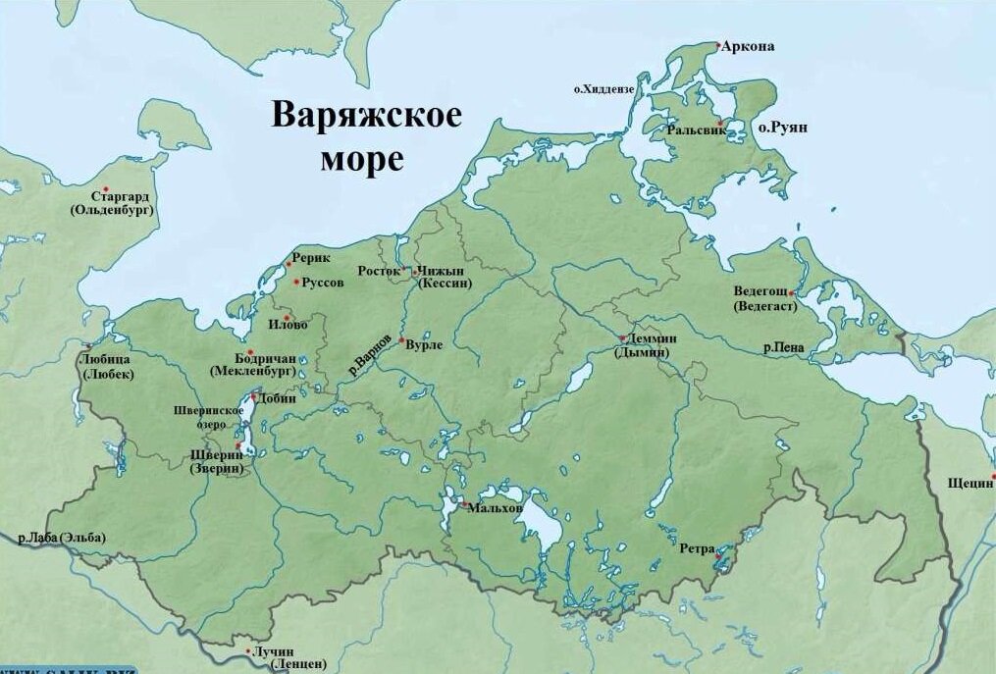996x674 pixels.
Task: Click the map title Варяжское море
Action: click(x=366, y=135)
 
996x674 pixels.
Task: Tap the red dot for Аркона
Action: click(x=718, y=46)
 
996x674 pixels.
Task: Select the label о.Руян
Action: click(x=782, y=129)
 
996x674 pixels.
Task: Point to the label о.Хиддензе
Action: click(x=604, y=89)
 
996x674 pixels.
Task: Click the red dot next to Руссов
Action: click(x=297, y=283)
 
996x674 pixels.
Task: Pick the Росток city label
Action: click(x=379, y=270)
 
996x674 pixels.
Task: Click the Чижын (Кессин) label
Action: click(x=445, y=277)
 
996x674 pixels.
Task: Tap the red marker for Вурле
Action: click(x=400, y=340)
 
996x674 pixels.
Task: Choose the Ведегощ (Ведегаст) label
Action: click(x=761, y=299)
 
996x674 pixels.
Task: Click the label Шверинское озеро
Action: click(x=208, y=416)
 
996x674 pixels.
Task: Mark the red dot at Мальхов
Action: click(x=463, y=505)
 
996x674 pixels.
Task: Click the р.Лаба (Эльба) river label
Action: click(x=61, y=537)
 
